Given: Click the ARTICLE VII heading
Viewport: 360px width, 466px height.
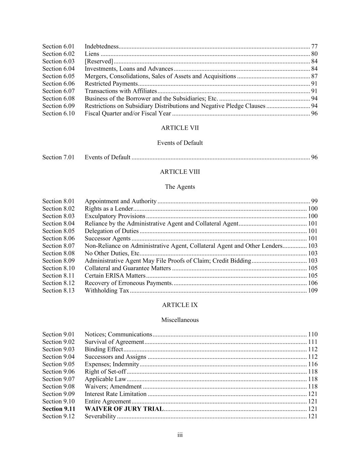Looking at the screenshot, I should coord(180,128).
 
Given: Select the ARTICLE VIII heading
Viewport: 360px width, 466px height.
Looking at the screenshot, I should coord(180,172).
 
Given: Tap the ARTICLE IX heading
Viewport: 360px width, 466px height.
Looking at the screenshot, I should coord(180,305).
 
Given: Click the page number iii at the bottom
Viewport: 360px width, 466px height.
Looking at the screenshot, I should coord(180,435).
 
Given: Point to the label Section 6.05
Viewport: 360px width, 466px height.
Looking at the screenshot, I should coord(58,76).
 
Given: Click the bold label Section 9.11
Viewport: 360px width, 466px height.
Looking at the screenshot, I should coord(58,409).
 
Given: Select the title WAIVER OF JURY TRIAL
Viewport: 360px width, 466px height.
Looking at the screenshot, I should coord(124,409).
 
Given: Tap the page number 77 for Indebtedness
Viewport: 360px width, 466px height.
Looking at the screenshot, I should coord(314,46).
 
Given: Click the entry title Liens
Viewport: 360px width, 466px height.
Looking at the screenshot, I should coord(92,54).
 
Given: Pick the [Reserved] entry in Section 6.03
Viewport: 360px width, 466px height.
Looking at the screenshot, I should coord(99,61).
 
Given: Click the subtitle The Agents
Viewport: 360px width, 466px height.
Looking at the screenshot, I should coord(180,187).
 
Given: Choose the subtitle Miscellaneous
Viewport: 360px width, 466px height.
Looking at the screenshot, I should coord(180,320).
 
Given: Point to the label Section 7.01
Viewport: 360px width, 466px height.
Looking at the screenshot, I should coord(58,157).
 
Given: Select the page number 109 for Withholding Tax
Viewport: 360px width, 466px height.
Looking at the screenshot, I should coord(313,291).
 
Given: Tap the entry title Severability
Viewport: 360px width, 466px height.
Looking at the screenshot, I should coord(100,416).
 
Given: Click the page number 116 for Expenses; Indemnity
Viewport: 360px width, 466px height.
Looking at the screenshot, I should coord(313,364).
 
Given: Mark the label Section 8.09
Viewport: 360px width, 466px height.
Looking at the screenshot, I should coord(58,261).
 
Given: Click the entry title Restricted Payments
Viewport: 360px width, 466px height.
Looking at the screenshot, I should coord(111,84).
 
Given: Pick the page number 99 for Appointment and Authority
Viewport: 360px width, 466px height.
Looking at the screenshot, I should coord(314,201).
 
